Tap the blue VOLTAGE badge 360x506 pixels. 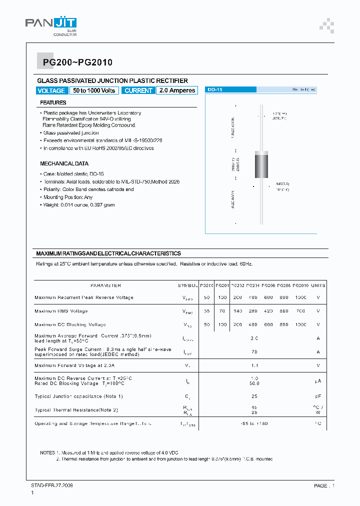51,90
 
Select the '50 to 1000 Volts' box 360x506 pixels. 94,90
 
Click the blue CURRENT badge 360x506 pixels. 138,90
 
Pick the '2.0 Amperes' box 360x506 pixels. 176,90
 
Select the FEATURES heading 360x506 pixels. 53,102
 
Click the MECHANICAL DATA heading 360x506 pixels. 64,163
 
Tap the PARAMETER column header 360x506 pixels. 105,285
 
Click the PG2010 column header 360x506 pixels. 300,285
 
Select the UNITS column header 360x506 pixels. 318,285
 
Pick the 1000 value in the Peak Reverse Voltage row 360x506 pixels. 300,297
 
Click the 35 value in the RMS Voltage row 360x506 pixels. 206,311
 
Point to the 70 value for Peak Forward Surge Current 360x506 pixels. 254,352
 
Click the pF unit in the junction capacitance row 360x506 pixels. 318,396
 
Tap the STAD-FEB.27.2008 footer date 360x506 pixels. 52,485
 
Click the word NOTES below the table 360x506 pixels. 47,452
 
